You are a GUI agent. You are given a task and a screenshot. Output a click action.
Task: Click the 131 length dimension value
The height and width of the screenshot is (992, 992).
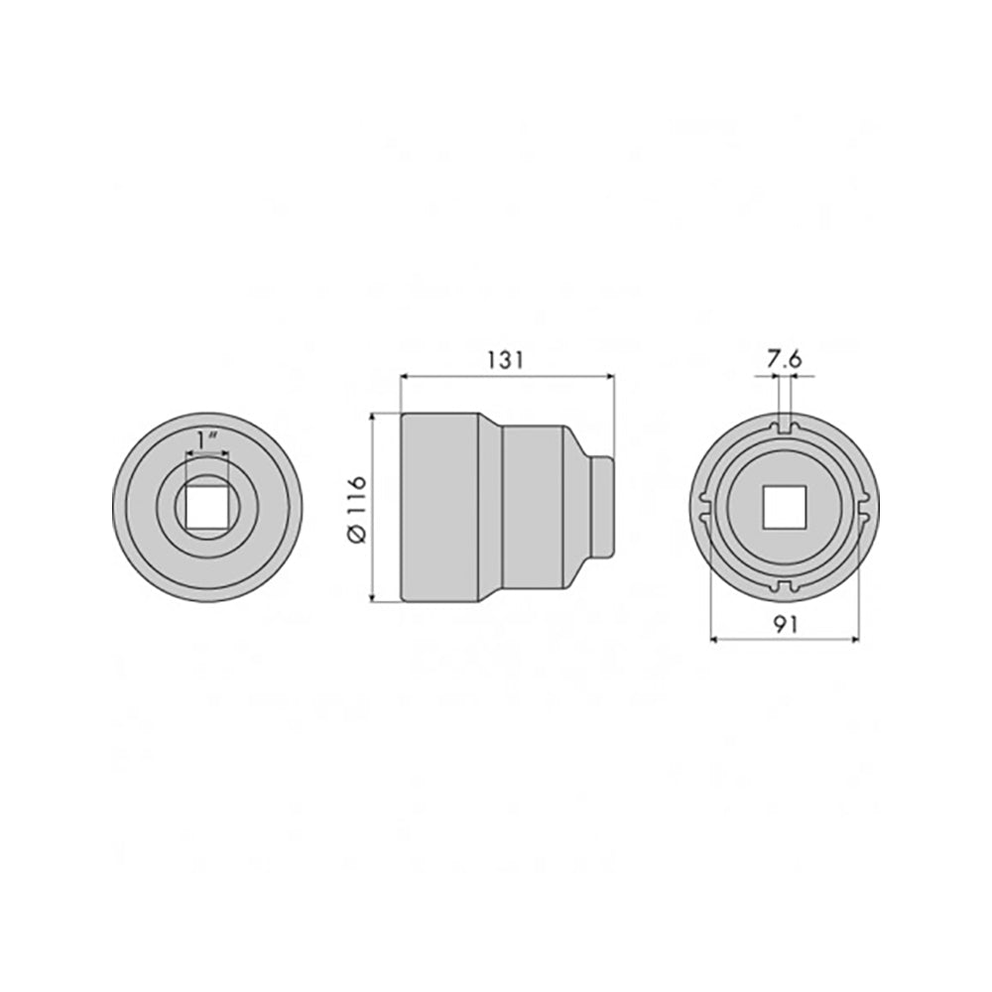point(506,360)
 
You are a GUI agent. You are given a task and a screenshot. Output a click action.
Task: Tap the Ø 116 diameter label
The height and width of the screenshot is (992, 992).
point(357,508)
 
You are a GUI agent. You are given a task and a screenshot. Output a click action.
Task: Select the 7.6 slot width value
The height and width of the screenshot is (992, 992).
point(785,359)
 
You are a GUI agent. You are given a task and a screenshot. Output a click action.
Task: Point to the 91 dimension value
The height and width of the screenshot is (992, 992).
point(785,624)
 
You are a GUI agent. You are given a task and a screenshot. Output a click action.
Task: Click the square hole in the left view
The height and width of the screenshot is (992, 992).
point(207,507)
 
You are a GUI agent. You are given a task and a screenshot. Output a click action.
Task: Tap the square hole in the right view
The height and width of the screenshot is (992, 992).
point(785,507)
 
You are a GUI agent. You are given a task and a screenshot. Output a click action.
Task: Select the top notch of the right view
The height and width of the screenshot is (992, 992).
point(785,427)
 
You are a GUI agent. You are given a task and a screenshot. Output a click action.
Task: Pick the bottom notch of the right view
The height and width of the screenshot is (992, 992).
point(785,586)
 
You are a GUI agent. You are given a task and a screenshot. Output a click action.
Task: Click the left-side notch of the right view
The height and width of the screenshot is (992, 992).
point(704,507)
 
